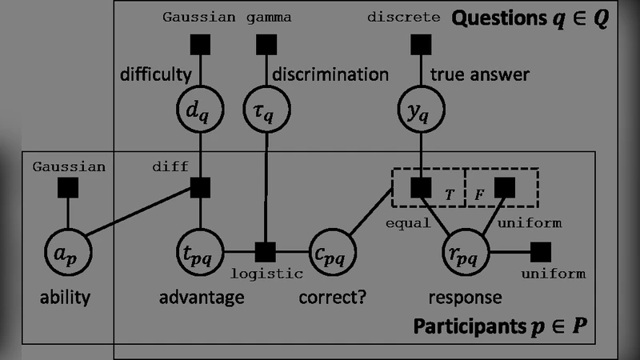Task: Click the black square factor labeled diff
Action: (199, 188)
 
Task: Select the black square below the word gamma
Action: (266, 45)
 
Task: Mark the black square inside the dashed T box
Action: (420, 188)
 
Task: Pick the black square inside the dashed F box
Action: (504, 188)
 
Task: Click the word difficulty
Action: (155, 75)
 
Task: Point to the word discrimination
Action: (330, 75)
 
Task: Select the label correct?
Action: (332, 298)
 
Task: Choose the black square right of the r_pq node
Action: (542, 251)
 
